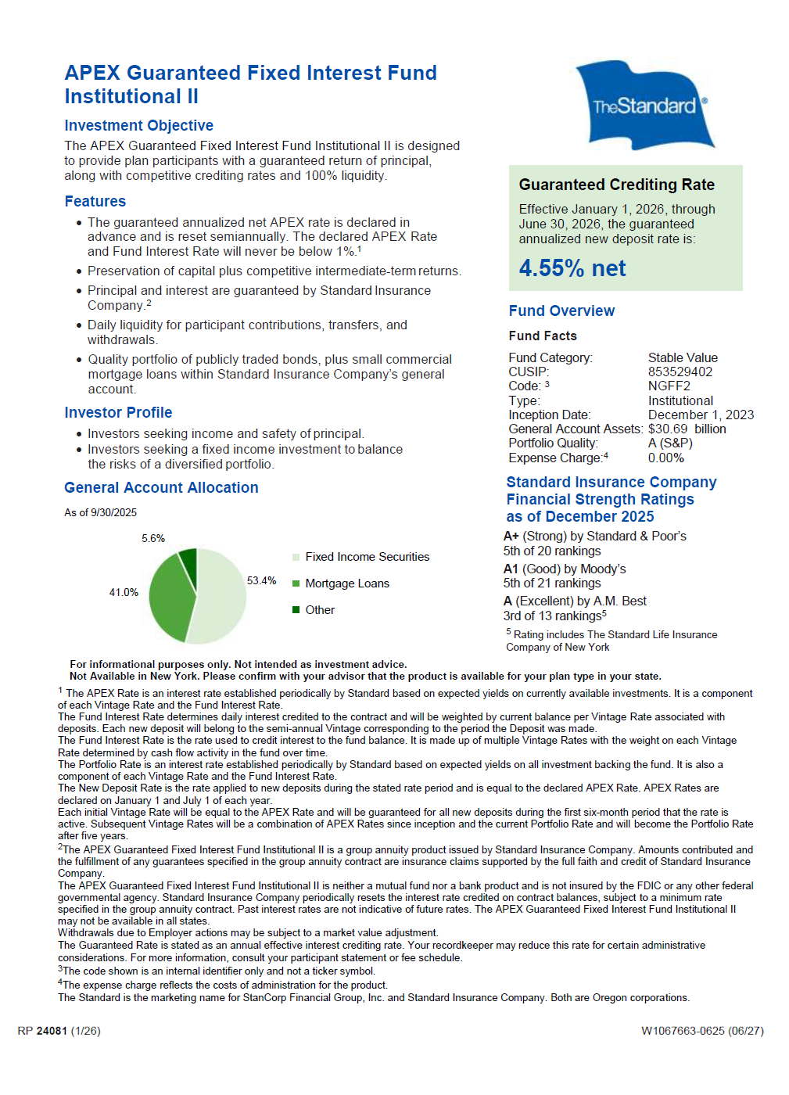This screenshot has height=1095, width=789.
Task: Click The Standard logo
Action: coord(644,105)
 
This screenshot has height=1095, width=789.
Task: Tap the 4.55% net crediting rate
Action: coord(572,268)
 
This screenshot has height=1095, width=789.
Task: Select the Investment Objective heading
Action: coord(138,125)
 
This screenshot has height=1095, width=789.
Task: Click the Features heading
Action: coord(95,201)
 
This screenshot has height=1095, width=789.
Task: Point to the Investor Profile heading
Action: coord(118,412)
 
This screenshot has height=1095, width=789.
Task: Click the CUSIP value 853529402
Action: coord(680,372)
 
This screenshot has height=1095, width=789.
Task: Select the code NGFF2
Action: coord(669,386)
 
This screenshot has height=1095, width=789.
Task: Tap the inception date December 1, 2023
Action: coord(701,415)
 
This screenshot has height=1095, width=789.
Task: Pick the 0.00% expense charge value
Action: coord(665,458)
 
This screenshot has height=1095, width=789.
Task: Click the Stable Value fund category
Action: coord(682,357)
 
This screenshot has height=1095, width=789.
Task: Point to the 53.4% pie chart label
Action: coord(261,580)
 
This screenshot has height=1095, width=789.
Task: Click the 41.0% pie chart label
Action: coord(124,592)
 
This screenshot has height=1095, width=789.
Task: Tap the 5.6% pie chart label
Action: coord(153,538)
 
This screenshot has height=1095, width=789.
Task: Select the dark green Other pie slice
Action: coord(188,560)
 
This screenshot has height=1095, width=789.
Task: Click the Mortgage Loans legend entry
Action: coord(346,583)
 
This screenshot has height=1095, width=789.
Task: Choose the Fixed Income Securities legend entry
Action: coord(367,557)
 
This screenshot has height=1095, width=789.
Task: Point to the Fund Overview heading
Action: coord(561,311)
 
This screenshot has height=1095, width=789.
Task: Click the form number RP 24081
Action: coord(59,1031)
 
